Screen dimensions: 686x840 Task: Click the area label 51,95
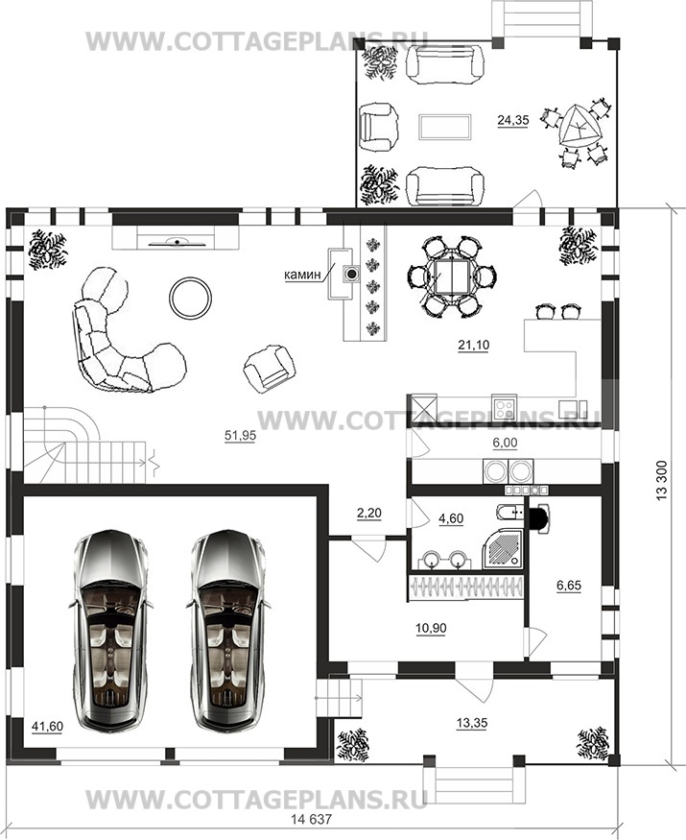coord(240,436)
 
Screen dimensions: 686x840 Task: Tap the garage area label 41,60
coord(48,727)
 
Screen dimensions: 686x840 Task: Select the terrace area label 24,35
coord(513,121)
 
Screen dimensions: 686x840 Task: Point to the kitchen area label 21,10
coord(473,346)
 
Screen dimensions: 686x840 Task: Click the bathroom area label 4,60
coord(451,518)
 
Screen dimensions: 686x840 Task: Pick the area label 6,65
coord(569,586)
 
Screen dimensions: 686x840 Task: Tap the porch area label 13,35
coord(472,723)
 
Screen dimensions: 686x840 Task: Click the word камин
coord(302,275)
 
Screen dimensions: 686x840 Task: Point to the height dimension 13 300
coord(662,481)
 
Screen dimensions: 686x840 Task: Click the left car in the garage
coord(110,631)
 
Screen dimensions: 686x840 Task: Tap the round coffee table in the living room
coord(191,298)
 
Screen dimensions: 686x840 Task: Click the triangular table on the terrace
coord(578,127)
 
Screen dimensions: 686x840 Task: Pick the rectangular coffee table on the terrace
coord(445,127)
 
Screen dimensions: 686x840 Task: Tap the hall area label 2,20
coord(369,514)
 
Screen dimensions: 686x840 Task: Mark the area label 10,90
coord(431,628)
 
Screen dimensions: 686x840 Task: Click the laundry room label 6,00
coord(505,443)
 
